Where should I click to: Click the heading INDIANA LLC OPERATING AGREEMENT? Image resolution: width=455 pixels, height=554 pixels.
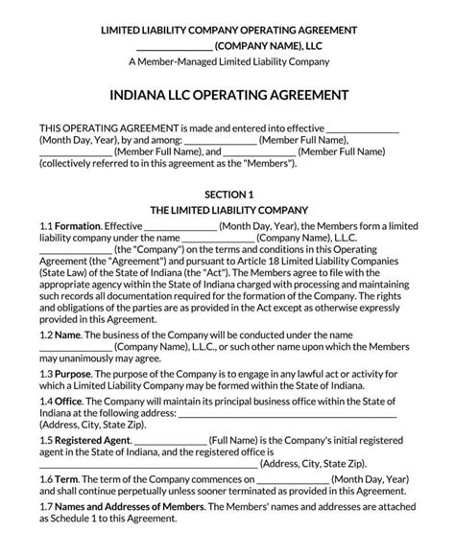pyautogui.click(x=228, y=96)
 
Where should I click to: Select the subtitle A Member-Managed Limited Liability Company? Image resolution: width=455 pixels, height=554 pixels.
pyautogui.click(x=228, y=61)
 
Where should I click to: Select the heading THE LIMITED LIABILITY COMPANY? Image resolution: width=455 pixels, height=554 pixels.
pyautogui.click(x=228, y=209)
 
